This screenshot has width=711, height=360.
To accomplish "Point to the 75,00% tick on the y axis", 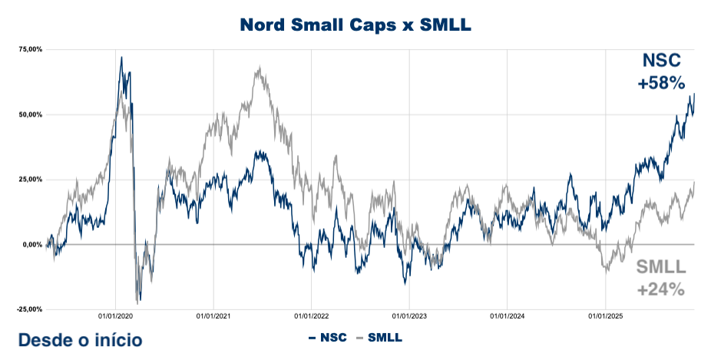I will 30,50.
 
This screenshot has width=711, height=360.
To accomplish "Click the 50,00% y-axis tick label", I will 30,115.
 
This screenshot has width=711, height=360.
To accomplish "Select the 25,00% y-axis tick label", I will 30,180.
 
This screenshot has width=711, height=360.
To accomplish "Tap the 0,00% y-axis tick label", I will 31,245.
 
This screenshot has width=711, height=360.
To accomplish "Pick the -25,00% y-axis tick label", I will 29,309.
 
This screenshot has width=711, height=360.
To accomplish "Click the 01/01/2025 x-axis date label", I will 605,315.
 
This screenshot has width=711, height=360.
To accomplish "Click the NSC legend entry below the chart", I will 328,337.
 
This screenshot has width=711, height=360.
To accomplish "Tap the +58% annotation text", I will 661,83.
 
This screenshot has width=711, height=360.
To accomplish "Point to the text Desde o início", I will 80,339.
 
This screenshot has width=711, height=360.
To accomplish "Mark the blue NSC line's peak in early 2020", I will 121,57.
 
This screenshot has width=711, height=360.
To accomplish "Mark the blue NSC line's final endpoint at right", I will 694,94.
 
